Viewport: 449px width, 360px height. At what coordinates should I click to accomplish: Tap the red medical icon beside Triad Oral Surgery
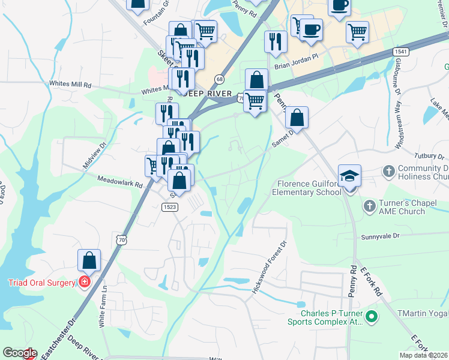[x=85, y=282]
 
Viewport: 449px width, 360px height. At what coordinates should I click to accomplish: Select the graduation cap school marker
[x=349, y=176]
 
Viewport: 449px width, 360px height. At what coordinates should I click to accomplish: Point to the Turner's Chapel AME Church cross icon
[x=370, y=205]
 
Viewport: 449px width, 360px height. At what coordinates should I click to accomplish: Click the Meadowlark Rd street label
[x=119, y=181]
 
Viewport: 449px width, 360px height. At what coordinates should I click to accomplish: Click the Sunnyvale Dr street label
[x=380, y=237]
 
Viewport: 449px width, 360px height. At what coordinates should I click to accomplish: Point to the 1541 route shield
[x=402, y=52]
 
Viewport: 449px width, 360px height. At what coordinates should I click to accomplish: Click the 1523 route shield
[x=169, y=206]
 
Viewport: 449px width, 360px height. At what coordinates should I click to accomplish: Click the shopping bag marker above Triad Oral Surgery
[x=89, y=260]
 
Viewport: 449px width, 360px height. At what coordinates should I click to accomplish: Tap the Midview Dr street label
[x=95, y=154]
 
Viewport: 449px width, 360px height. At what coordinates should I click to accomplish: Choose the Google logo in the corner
[x=19, y=353]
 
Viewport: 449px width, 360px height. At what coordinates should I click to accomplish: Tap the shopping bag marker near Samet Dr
[x=297, y=118]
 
